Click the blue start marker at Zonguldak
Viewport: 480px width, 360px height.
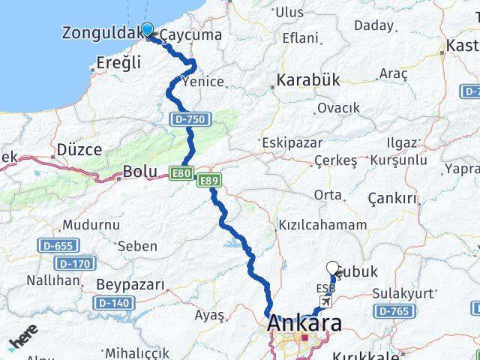pos(147,29)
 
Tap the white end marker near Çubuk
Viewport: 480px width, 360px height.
pos(333,267)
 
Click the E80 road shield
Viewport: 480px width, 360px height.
pos(181,172)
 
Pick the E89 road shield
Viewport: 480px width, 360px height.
pos(208,181)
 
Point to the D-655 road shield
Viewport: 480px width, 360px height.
pos(55,246)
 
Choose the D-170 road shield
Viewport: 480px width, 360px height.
pos(73,263)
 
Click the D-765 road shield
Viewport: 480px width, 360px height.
pos(392,310)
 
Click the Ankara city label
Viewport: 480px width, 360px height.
pos(304,325)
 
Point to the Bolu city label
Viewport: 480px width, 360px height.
pos(139,172)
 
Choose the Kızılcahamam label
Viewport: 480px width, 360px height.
pos(322,224)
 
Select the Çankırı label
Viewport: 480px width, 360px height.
pos(391,198)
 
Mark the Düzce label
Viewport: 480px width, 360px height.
pos(79,149)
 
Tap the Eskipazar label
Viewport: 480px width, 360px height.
pos(291,142)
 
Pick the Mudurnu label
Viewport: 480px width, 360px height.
pos(90,224)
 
